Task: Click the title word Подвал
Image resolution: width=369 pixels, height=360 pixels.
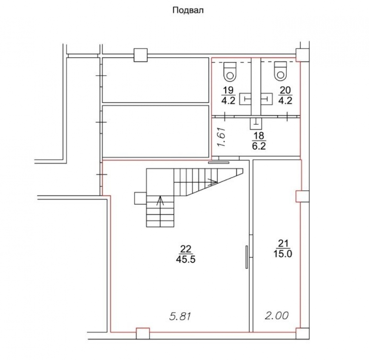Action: point(188,10)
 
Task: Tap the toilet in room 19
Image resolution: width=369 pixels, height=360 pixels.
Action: point(230,72)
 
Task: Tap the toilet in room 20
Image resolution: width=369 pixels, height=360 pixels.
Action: point(281,72)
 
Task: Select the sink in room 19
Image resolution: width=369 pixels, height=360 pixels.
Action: point(245,99)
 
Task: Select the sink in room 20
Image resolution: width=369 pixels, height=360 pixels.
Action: point(265,99)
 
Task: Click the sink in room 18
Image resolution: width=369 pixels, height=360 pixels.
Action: point(255,124)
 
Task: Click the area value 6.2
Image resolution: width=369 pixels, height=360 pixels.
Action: point(258,146)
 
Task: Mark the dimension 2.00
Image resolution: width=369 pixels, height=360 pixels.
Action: point(276,316)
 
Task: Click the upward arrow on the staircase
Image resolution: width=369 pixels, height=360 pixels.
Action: point(160,201)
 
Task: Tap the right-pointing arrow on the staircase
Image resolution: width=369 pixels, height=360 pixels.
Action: point(212,181)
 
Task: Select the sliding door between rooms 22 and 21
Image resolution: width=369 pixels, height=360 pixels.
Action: point(247,257)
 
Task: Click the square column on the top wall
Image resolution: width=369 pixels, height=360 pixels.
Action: point(140,55)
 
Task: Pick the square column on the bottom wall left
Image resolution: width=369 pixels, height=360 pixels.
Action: point(142,333)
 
